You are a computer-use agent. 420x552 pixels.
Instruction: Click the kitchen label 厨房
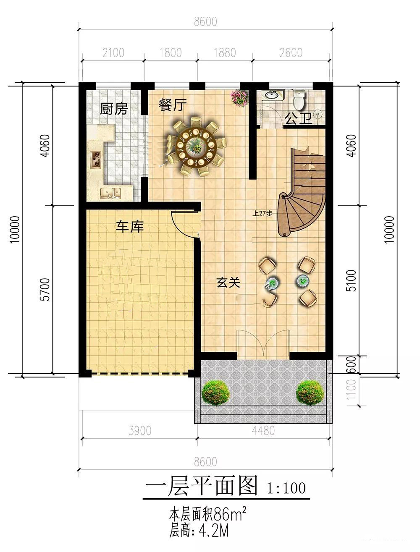(x=114, y=109)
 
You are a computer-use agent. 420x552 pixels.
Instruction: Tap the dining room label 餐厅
(x=173, y=105)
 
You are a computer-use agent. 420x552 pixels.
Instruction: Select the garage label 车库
(x=130, y=227)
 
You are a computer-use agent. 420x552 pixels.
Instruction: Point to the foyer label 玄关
(x=228, y=283)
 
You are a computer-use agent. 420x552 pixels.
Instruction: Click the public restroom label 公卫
(x=299, y=118)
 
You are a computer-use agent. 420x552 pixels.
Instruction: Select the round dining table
(x=196, y=147)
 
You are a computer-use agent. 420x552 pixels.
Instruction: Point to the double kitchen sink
(x=110, y=193)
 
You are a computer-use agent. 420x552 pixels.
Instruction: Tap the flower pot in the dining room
(x=239, y=98)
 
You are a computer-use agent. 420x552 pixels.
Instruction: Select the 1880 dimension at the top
(x=225, y=53)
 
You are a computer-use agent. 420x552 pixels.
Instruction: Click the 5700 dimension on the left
(x=45, y=289)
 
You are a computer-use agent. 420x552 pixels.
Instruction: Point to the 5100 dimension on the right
(x=352, y=281)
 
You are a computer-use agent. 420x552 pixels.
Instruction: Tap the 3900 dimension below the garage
(x=140, y=431)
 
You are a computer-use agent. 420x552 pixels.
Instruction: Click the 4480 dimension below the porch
(x=263, y=431)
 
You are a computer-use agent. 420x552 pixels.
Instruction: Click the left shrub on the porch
(x=216, y=392)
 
